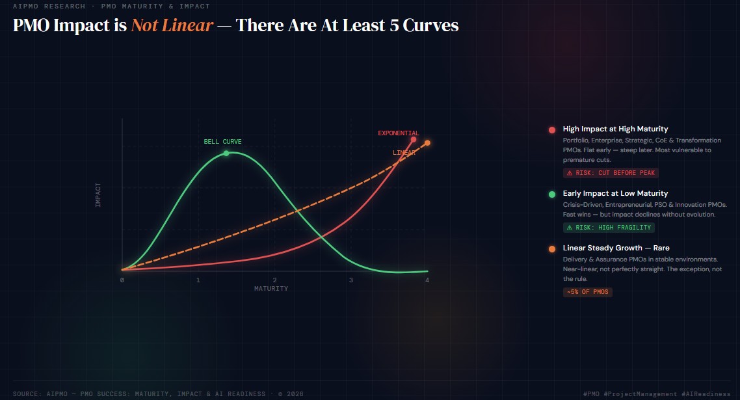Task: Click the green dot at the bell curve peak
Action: pyautogui.click(x=226, y=153)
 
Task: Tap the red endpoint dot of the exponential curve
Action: pyautogui.click(x=414, y=140)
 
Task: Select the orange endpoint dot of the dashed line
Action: pyautogui.click(x=427, y=142)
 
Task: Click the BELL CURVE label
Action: pyautogui.click(x=222, y=142)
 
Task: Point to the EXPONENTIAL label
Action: pyautogui.click(x=399, y=133)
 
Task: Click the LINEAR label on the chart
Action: pyautogui.click(x=404, y=153)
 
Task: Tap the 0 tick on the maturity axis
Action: pyautogui.click(x=122, y=280)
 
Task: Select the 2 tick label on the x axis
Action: pyautogui.click(x=274, y=280)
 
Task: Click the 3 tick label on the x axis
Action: pyautogui.click(x=351, y=280)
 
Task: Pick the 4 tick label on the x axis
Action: pyautogui.click(x=427, y=280)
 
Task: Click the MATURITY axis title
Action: pyautogui.click(x=271, y=289)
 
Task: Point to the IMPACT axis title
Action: pyautogui.click(x=98, y=194)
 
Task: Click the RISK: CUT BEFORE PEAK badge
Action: pyautogui.click(x=611, y=173)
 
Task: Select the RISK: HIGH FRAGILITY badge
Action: pyautogui.click(x=609, y=228)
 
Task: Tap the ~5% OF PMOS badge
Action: pyautogui.click(x=588, y=292)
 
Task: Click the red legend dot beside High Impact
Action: pyautogui.click(x=551, y=130)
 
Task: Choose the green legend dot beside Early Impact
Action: pyautogui.click(x=551, y=194)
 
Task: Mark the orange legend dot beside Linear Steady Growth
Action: pyautogui.click(x=551, y=249)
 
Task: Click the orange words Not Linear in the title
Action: pyautogui.click(x=172, y=25)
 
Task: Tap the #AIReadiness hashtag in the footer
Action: pyautogui.click(x=706, y=394)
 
